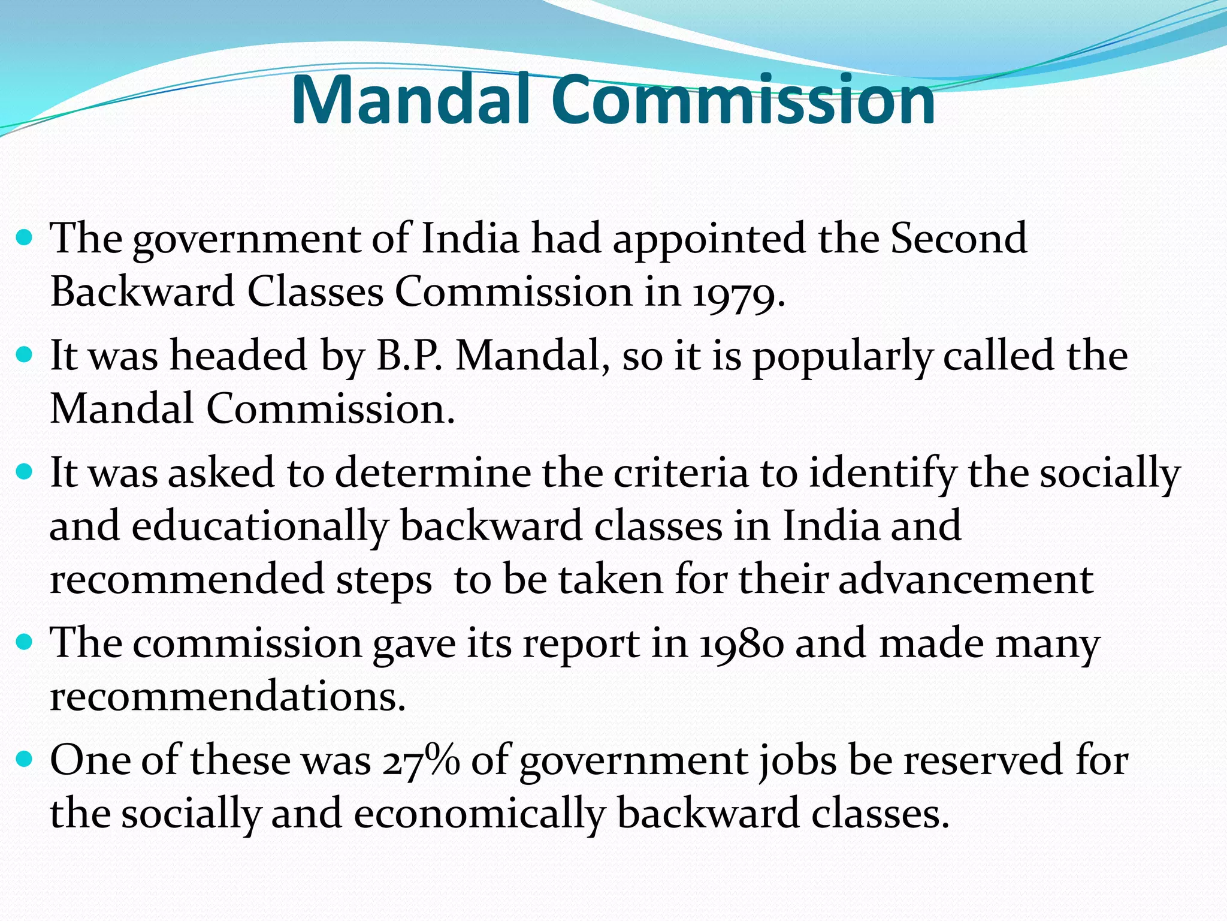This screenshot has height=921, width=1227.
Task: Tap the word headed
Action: (x=238, y=356)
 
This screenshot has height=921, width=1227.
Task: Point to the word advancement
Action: (x=966, y=580)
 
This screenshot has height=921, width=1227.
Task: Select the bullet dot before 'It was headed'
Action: (x=25, y=356)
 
